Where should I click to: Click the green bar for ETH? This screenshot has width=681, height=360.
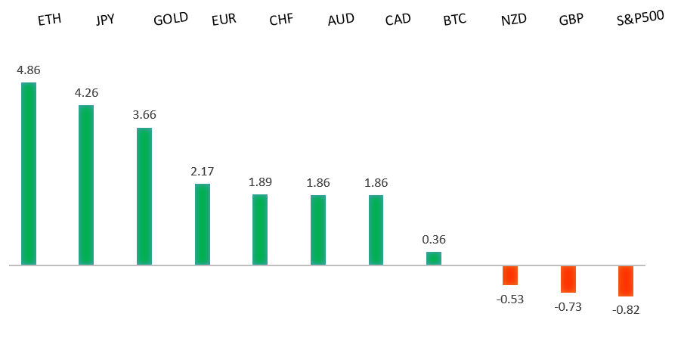click(29, 173)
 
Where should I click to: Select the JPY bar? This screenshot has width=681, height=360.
click(86, 185)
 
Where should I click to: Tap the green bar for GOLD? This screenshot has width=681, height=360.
click(144, 196)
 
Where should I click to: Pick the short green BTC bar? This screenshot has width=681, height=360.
click(434, 258)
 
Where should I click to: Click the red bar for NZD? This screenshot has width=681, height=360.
click(510, 275)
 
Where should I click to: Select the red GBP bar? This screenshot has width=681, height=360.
click(568, 279)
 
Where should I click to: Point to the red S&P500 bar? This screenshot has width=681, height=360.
click(626, 281)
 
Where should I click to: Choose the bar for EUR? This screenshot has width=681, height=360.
click(203, 224)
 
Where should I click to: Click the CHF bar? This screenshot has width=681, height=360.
click(260, 229)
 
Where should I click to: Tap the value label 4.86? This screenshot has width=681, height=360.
click(29, 70)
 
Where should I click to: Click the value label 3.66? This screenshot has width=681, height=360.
click(144, 115)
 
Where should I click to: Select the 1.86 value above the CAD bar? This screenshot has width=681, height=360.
click(376, 182)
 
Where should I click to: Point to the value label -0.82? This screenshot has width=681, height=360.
click(626, 309)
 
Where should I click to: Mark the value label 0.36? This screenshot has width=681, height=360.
click(434, 240)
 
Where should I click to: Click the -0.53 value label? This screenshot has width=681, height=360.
click(510, 299)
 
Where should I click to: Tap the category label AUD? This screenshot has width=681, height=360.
click(341, 20)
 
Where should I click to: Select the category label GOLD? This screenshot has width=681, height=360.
click(171, 20)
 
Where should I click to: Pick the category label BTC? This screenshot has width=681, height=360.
click(455, 20)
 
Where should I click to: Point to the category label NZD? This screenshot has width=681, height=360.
click(513, 20)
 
